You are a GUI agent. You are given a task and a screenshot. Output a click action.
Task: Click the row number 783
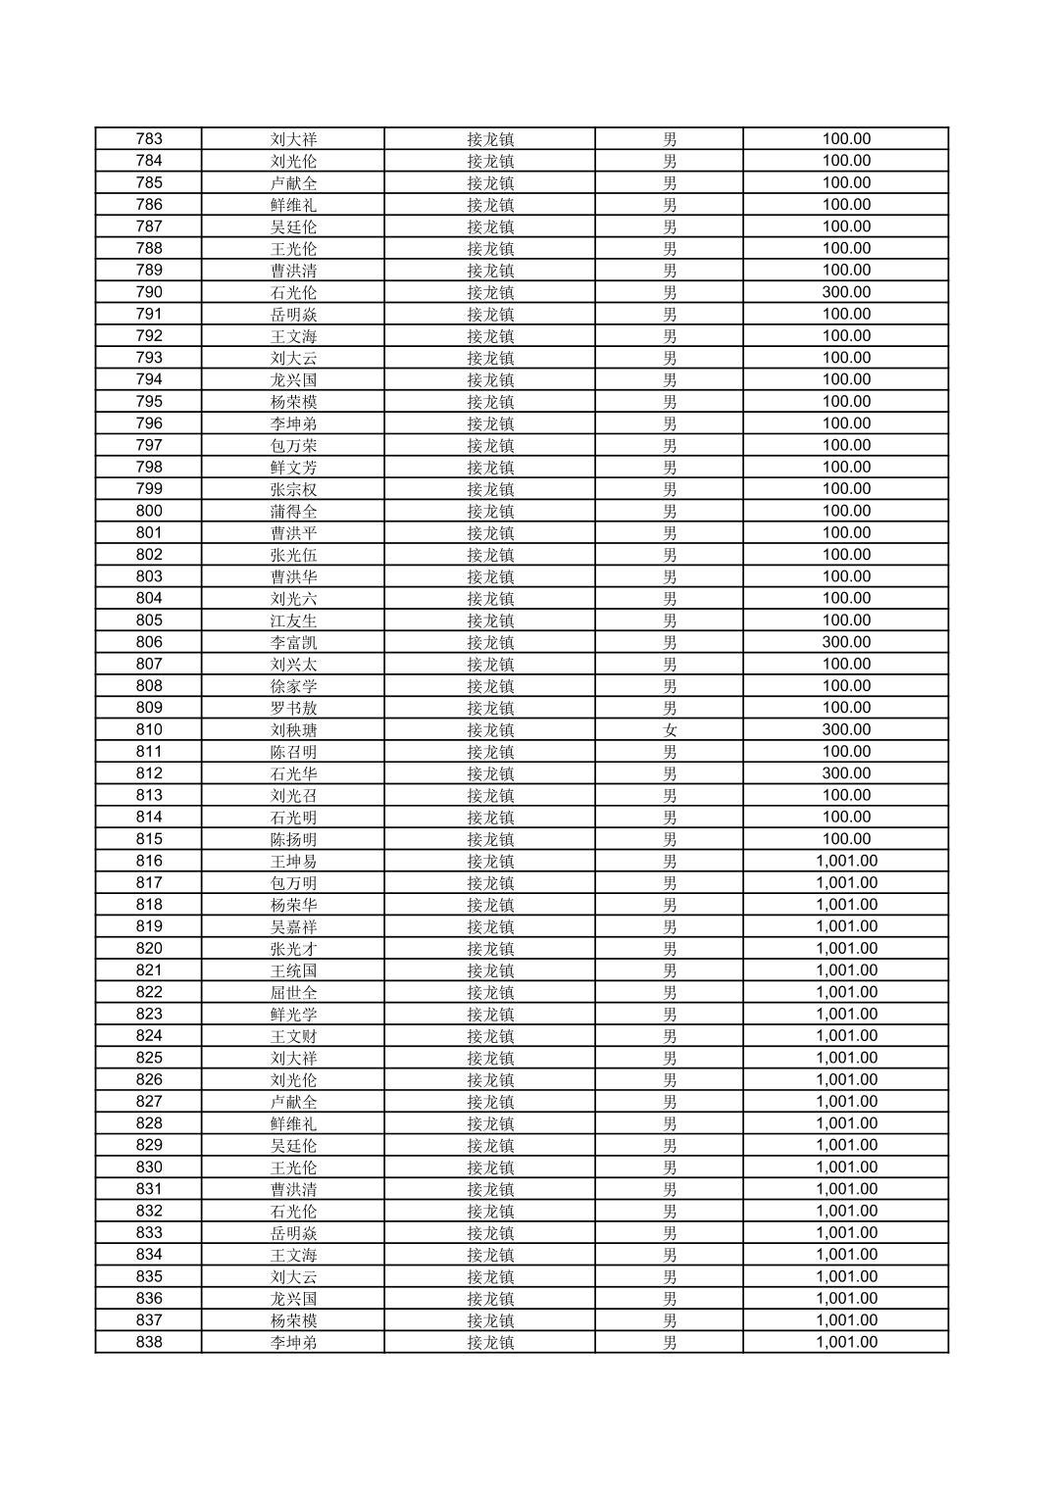(x=149, y=138)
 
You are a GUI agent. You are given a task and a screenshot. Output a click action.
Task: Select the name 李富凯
(x=293, y=642)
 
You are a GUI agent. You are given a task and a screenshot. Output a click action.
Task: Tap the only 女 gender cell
(x=670, y=729)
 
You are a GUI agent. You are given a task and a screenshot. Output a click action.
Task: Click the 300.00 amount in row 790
(x=846, y=292)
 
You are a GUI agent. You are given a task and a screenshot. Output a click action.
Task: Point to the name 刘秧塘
(x=293, y=729)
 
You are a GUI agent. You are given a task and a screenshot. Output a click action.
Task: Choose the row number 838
(x=149, y=1342)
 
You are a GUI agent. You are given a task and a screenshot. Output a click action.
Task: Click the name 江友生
(x=293, y=621)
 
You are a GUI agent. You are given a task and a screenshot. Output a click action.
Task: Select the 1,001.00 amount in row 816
(x=846, y=861)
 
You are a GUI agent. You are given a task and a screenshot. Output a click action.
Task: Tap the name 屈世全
(x=293, y=992)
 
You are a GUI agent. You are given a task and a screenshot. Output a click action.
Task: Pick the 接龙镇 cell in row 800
(x=490, y=511)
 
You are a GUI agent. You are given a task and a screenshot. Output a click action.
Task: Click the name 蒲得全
(x=293, y=511)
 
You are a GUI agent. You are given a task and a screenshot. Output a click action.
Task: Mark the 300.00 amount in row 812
(x=846, y=773)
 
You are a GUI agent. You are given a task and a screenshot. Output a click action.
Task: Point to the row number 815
(x=149, y=839)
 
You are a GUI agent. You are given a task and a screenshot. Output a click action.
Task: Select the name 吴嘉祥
(x=293, y=926)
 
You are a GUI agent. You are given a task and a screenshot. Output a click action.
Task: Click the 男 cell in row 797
(x=670, y=445)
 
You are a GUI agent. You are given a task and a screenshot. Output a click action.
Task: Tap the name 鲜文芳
(x=293, y=467)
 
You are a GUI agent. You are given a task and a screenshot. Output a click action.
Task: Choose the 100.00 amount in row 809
(x=846, y=708)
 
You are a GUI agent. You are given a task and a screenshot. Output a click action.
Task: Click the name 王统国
(x=293, y=970)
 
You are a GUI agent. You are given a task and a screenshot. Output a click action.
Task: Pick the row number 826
(x=149, y=1079)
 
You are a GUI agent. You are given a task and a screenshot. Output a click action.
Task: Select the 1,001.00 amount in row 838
(x=846, y=1342)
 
